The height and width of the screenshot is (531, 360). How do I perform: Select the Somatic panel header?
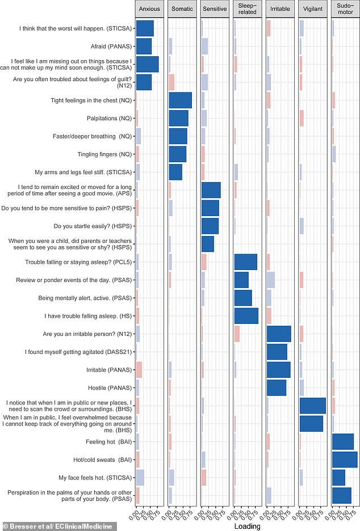click(x=183, y=9)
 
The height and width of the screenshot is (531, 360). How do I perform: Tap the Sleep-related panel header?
click(x=248, y=9)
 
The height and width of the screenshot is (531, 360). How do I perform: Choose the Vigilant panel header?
click(x=313, y=9)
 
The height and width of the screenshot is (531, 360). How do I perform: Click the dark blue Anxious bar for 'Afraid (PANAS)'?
click(x=144, y=47)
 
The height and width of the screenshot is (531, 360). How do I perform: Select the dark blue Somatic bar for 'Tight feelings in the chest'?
click(x=180, y=100)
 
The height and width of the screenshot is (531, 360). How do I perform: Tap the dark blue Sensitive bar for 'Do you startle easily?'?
click(x=210, y=226)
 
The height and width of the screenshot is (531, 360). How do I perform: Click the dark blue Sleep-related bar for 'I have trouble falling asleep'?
click(x=246, y=316)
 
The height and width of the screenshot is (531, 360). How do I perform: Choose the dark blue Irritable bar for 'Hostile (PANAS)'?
click(x=276, y=388)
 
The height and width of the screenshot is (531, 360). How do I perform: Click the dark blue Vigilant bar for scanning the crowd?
click(x=312, y=406)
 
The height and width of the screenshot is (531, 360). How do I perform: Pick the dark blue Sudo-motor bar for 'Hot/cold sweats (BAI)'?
click(x=344, y=460)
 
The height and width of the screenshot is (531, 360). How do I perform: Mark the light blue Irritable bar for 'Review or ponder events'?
click(x=270, y=280)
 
